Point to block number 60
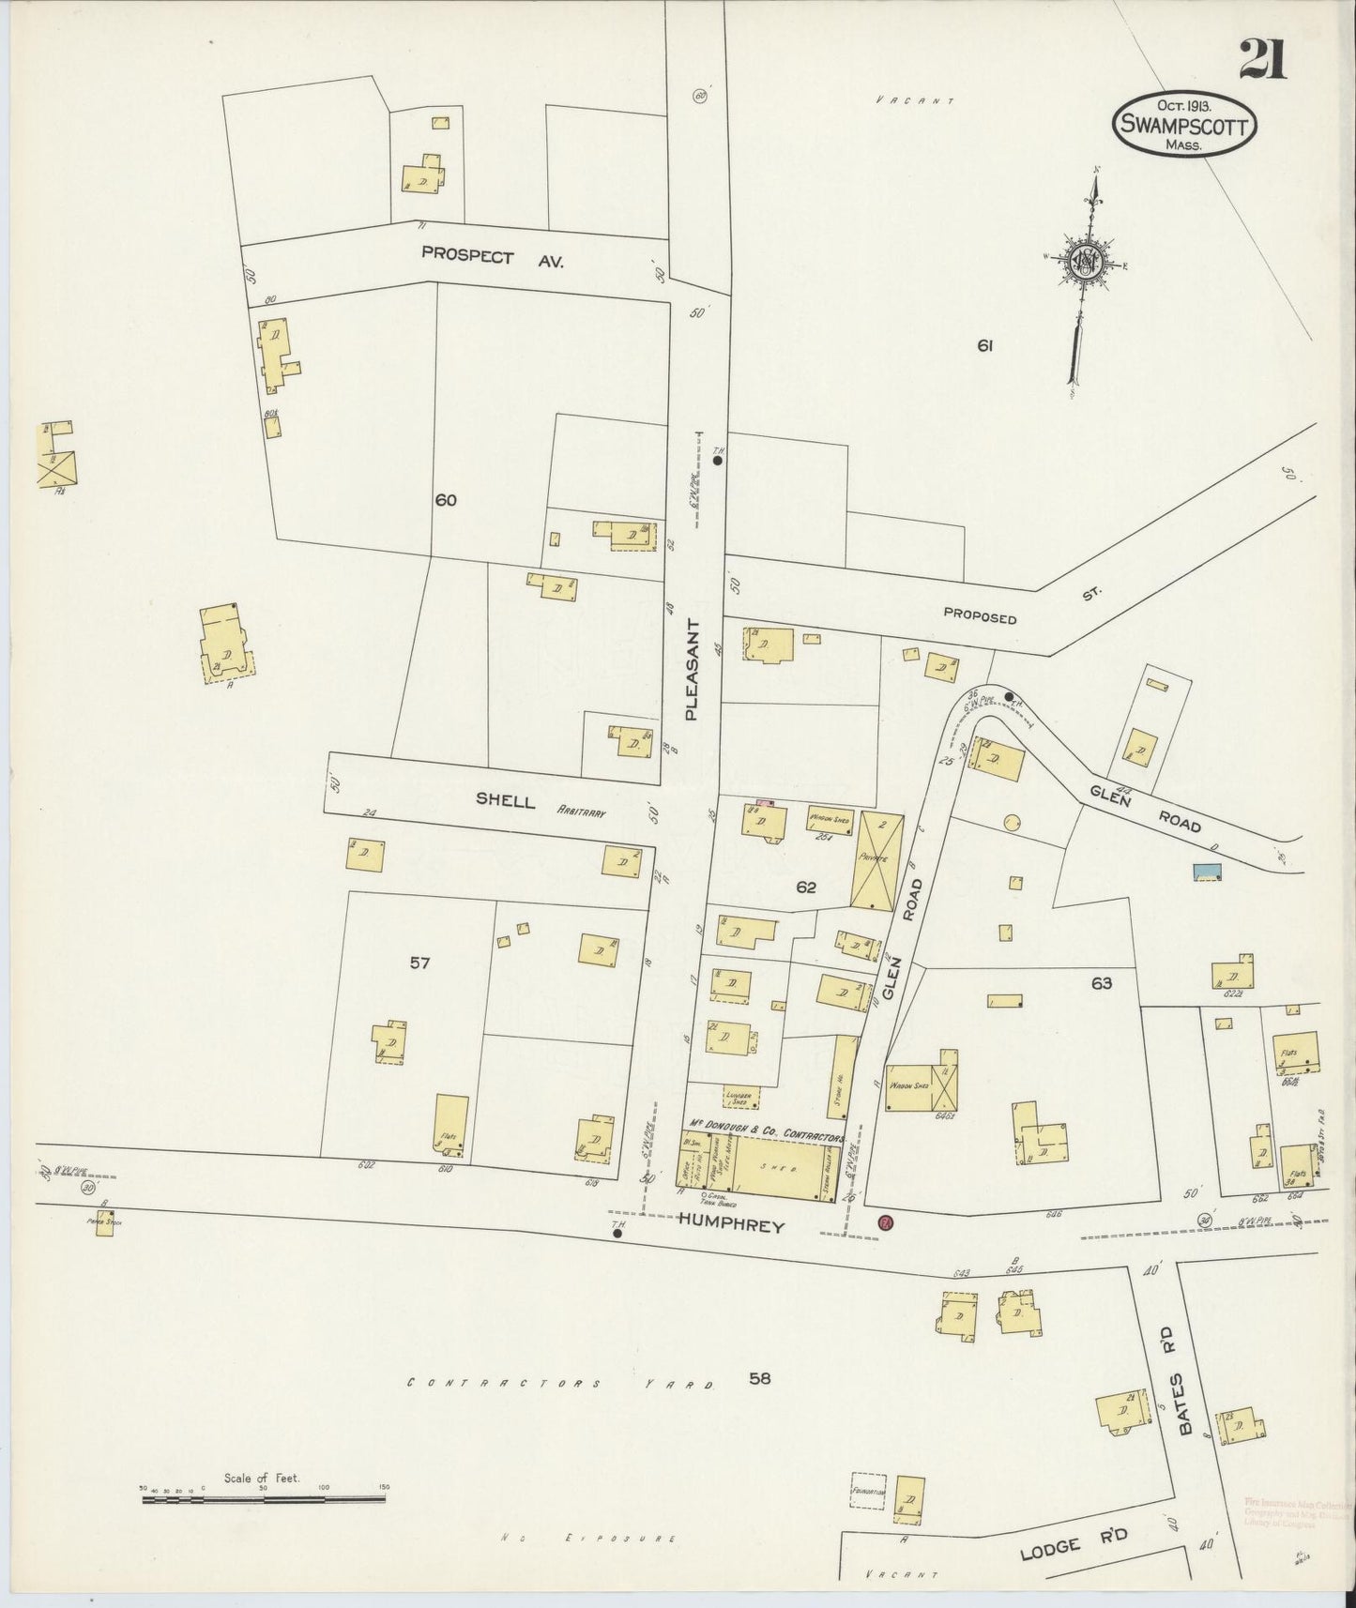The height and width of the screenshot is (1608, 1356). [445, 500]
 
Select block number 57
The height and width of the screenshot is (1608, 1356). [419, 962]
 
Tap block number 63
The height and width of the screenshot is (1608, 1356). [1101, 983]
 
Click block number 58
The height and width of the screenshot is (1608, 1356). [761, 1378]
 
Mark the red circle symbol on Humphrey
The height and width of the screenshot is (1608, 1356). [884, 1222]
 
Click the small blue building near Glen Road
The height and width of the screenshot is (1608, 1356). [1207, 872]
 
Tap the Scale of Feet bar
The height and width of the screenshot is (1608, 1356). [264, 1498]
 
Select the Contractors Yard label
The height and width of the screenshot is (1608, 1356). [564, 1384]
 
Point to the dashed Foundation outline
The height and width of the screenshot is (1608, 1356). [868, 1491]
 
